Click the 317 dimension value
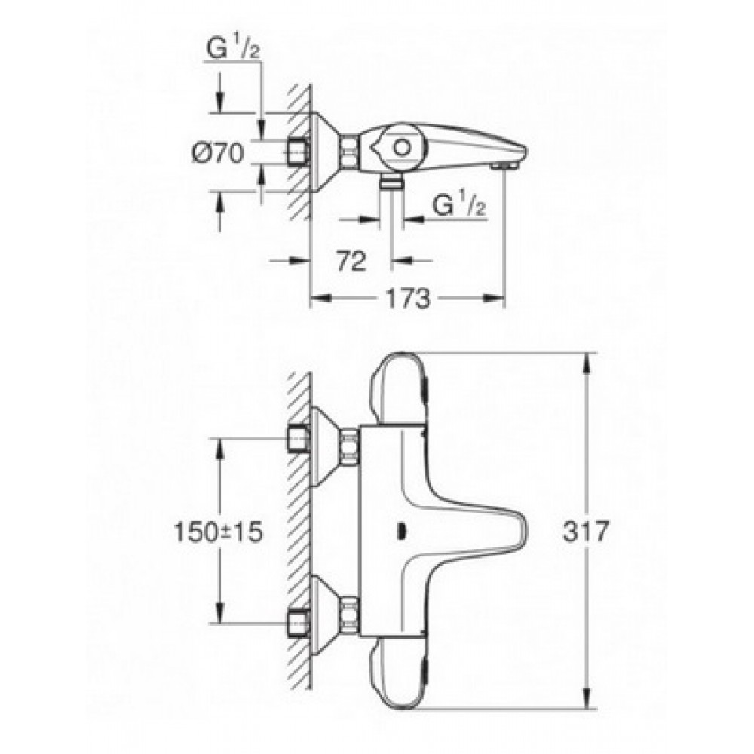(586, 532)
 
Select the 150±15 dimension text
(219, 532)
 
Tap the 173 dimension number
(408, 299)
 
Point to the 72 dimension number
(351, 262)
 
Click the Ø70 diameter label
(218, 153)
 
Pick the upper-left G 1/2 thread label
(233, 48)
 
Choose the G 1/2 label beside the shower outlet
(458, 206)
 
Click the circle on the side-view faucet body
(401, 147)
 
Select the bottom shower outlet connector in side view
(391, 182)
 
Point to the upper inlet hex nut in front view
(350, 447)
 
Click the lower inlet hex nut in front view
(350, 615)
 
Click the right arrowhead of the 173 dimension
(495, 299)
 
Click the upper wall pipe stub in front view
(298, 439)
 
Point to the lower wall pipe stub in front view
(298, 623)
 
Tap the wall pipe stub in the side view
(298, 153)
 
